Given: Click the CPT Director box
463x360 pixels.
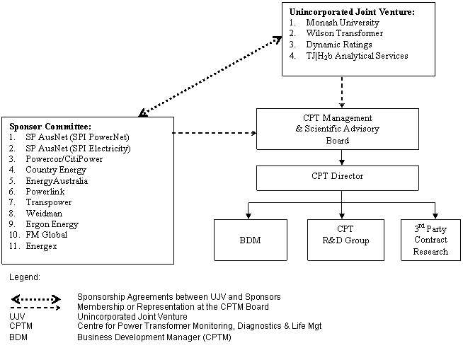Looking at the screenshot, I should [x=337, y=177].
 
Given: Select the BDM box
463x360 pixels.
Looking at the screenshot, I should [x=250, y=240].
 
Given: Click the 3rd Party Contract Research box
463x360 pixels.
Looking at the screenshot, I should [x=430, y=240].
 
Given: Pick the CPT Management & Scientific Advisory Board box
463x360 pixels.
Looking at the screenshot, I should [x=337, y=129].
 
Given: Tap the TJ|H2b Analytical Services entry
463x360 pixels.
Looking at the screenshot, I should [x=357, y=56].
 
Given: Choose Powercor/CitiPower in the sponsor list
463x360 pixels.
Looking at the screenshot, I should [x=64, y=159].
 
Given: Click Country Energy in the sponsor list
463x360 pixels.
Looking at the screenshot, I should [x=56, y=170].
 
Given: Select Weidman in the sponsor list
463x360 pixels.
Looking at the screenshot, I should [x=42, y=213].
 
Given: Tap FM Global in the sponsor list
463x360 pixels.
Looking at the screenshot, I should [x=47, y=235].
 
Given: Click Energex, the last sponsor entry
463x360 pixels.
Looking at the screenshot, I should [x=42, y=245].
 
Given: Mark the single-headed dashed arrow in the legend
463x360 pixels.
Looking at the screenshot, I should [x=36, y=307].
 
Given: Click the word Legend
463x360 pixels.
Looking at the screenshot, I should [x=25, y=277].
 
